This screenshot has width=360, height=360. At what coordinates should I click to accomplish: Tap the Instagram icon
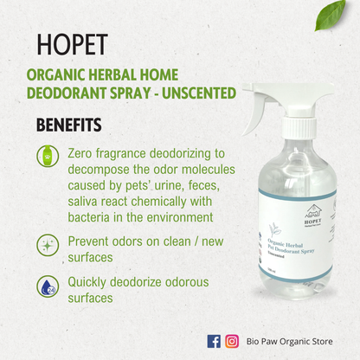(232, 341)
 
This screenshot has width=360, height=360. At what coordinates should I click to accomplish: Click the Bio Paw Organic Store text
(289, 342)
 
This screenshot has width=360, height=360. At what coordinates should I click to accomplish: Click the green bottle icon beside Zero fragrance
(47, 156)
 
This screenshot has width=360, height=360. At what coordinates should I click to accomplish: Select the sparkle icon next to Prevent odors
(47, 244)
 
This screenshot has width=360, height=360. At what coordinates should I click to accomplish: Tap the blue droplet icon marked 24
(47, 286)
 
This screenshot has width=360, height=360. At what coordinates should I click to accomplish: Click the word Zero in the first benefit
(82, 151)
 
